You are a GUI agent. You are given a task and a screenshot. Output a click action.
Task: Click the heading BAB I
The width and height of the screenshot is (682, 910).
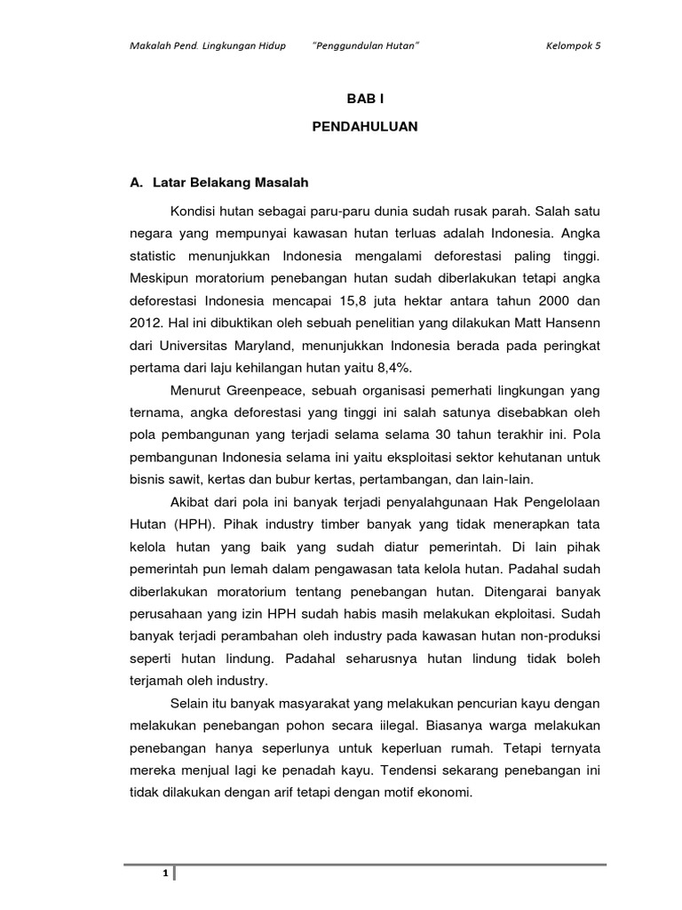pyautogui.click(x=365, y=102)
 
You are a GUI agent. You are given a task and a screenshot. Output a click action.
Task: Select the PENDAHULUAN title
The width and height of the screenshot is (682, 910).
pyautogui.click(x=365, y=128)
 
